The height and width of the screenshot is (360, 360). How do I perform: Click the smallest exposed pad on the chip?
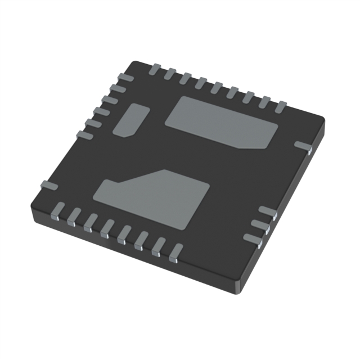[x=131, y=120]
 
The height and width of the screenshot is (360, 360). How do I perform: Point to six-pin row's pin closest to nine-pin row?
[x=124, y=77]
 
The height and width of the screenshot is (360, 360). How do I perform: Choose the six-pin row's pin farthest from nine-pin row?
[x=84, y=134]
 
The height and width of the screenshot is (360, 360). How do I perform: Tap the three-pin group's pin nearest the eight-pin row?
[x=253, y=238]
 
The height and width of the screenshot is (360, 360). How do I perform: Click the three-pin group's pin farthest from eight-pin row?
[x=268, y=213]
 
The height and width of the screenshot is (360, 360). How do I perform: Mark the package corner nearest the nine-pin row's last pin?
[x=322, y=119]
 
